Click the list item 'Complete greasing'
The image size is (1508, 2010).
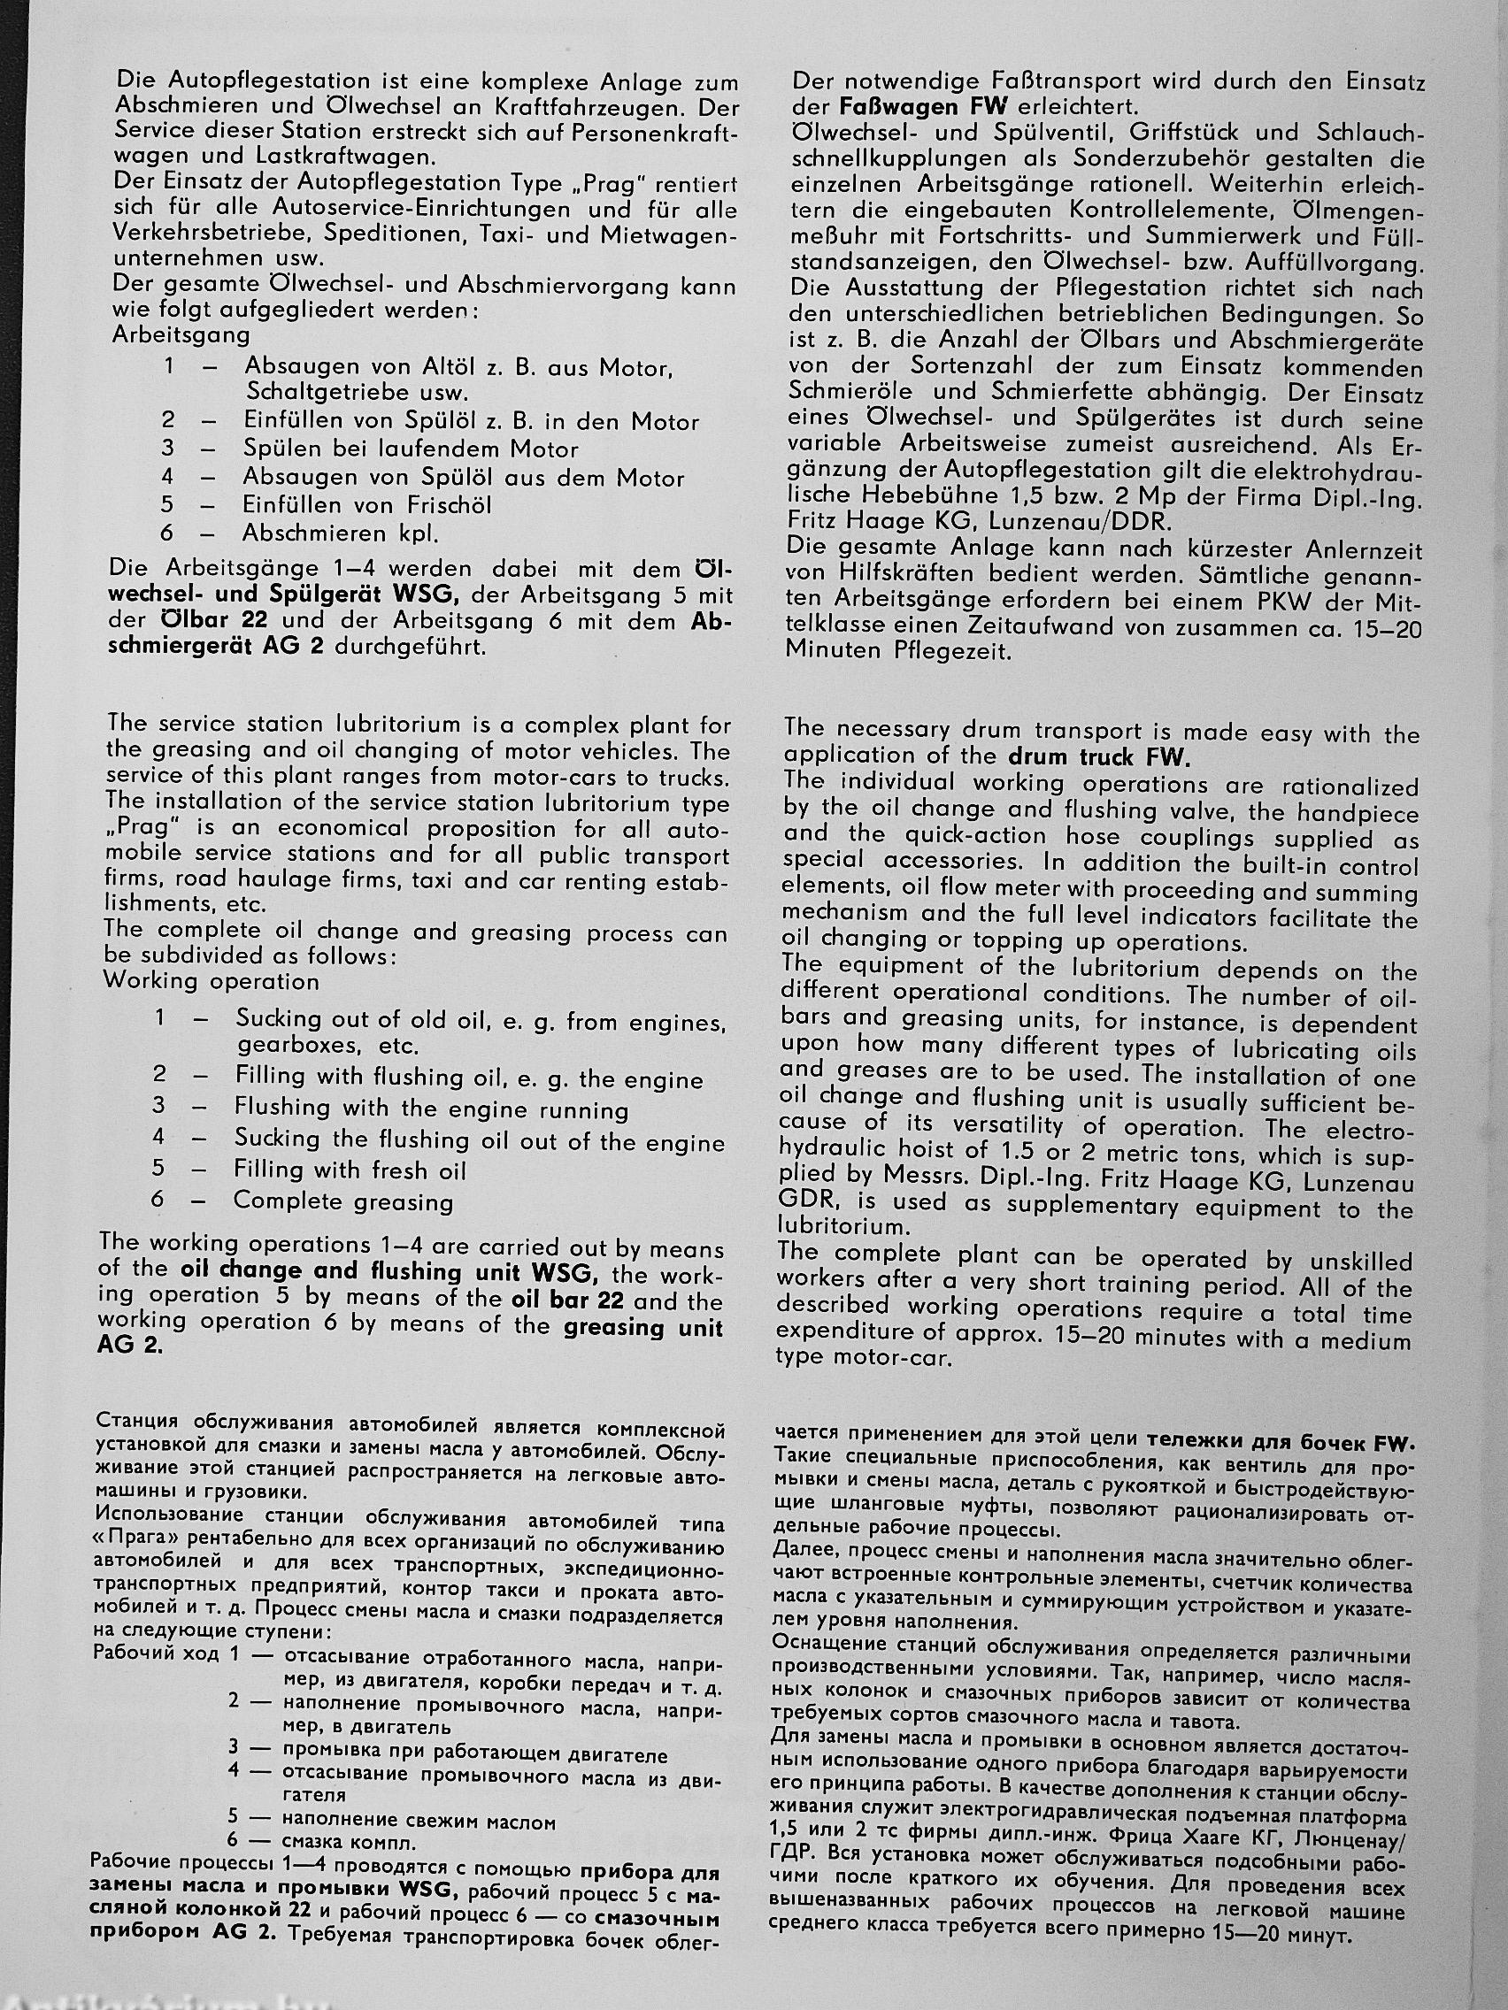click(342, 1201)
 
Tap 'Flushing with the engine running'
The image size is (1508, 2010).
click(432, 1109)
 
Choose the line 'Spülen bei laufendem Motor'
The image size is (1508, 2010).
click(410, 449)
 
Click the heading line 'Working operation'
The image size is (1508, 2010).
click(211, 981)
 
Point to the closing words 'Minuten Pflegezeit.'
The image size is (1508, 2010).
click(898, 651)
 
